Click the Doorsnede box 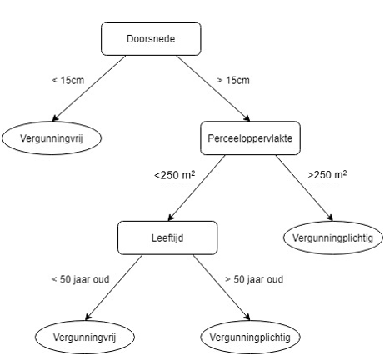coord(151,38)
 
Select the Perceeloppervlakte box coord(250,138)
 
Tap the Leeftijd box coord(167,237)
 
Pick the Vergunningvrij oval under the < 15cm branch coord(52,138)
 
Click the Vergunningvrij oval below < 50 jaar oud coord(85,337)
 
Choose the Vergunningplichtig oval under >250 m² coord(333,237)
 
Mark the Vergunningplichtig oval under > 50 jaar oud coord(250,337)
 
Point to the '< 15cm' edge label coord(68,80)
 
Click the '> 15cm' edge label coord(233,80)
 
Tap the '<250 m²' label coord(174,175)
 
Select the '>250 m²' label coord(327,174)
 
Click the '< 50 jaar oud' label coord(80,279)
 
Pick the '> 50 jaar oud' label coord(254,279)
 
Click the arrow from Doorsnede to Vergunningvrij coord(89,88)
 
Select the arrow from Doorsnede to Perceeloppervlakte coord(213,88)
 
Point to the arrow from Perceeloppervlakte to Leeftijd coord(197,187)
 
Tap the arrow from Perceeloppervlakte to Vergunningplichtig coord(304,187)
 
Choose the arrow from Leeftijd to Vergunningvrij coord(114,287)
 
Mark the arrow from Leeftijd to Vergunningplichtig coord(222,287)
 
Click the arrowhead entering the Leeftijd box coord(171,217)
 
